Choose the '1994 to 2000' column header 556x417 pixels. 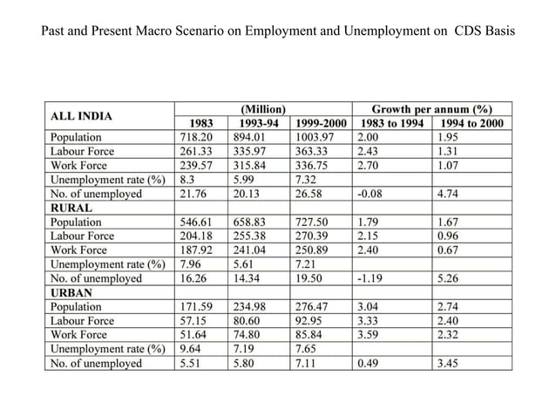pyautogui.click(x=471, y=123)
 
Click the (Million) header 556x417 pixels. pyautogui.click(x=262, y=110)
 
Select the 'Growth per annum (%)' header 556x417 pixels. pyautogui.click(x=431, y=110)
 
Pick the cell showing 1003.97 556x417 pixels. pyautogui.click(x=317, y=137)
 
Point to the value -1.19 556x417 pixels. pyautogui.click(x=373, y=278)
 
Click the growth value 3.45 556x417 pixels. pyautogui.click(x=451, y=363)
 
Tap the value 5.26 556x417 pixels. pyautogui.click(x=451, y=278)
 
